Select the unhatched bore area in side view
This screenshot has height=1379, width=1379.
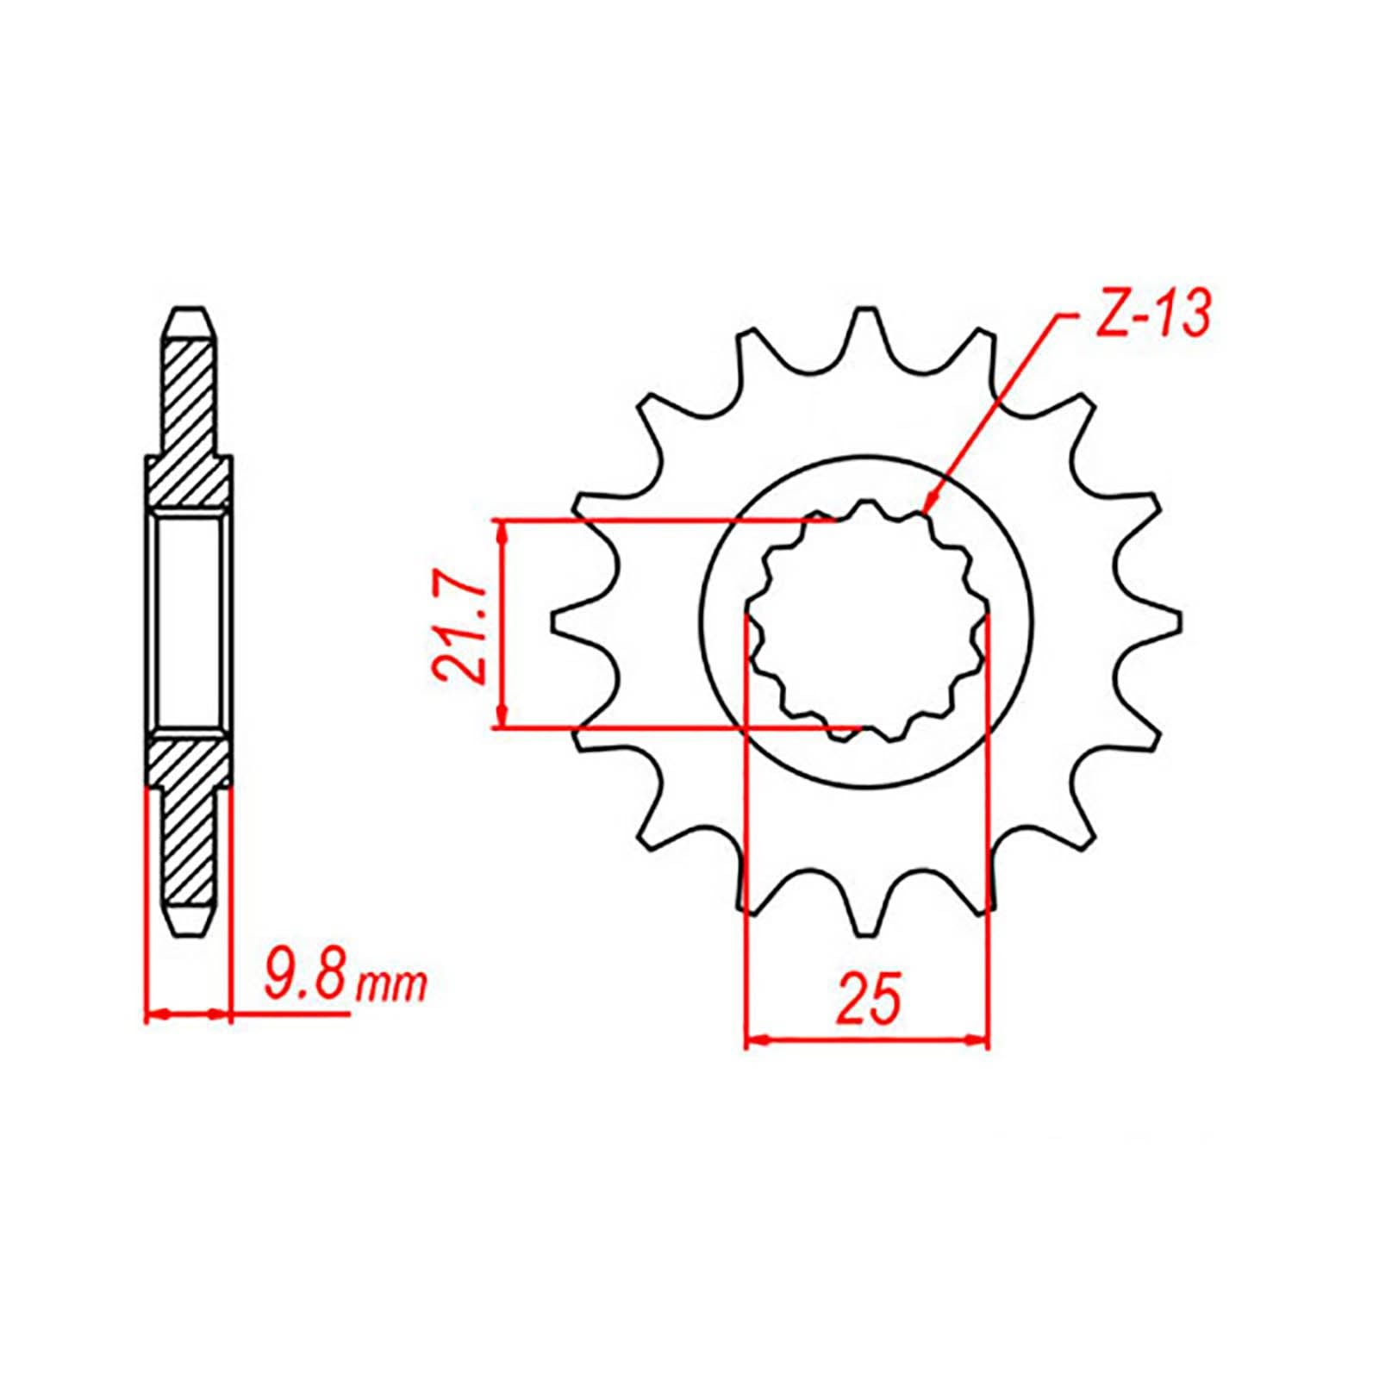pyautogui.click(x=190, y=621)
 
